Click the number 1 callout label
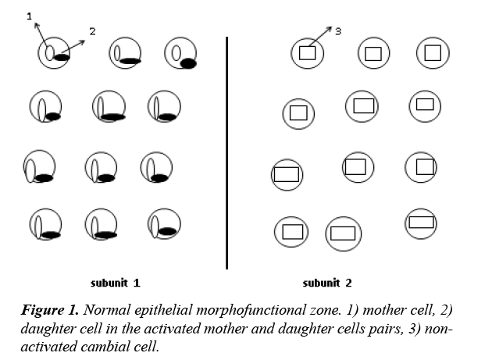[30, 16]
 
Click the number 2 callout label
[92, 31]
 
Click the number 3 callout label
[338, 31]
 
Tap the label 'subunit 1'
[115, 282]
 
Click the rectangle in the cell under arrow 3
[307, 53]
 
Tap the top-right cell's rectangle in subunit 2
[433, 52]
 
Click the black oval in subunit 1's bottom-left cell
[51, 233]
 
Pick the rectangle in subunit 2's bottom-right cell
[421, 222]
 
